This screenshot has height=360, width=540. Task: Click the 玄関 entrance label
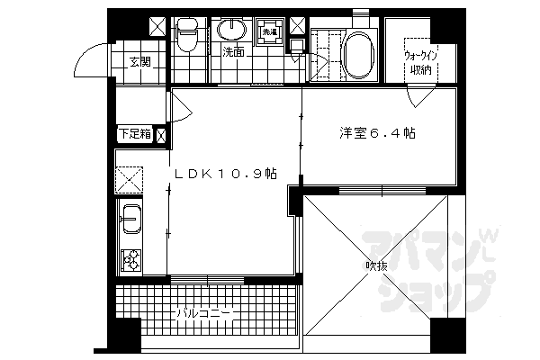[138, 62]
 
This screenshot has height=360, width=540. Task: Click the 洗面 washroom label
[233, 52]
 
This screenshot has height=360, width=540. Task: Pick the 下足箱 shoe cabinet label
[135, 135]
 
